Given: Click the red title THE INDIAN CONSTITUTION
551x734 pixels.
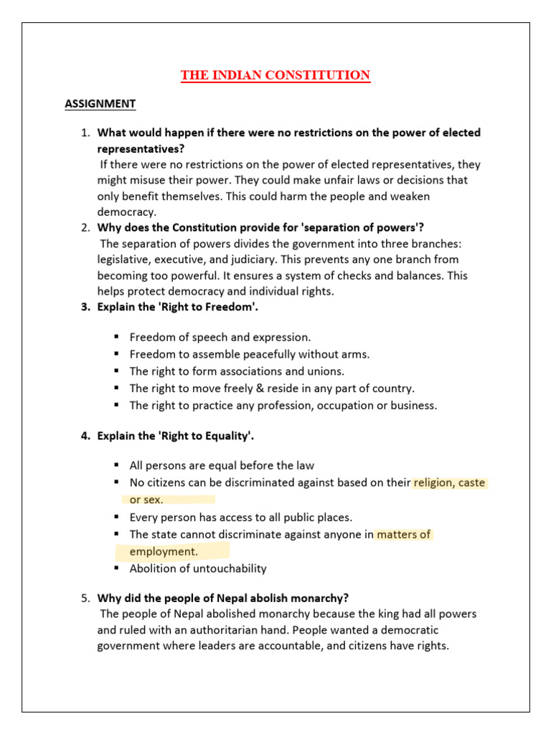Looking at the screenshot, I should [x=275, y=75].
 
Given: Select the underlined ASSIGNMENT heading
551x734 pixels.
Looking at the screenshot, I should [x=100, y=104].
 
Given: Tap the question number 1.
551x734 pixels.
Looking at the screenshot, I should [x=84, y=133].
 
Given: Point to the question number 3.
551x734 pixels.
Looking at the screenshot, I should [x=84, y=308].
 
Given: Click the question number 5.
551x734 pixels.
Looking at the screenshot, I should [x=84, y=598].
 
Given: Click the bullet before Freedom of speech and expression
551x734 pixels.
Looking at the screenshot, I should [x=115, y=337].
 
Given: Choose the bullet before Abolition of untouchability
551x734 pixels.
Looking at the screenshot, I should [x=115, y=568].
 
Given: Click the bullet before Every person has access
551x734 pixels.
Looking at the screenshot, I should [x=115, y=517].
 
